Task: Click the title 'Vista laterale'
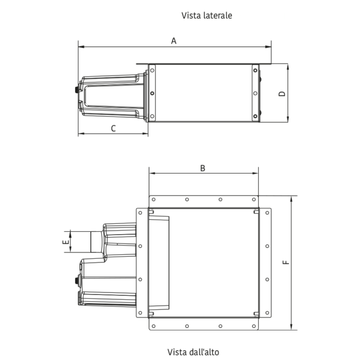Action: tap(206, 15)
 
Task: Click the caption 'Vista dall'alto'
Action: tap(193, 352)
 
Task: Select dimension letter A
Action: tap(174, 41)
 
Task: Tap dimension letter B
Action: tap(202, 168)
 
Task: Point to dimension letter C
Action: tap(113, 128)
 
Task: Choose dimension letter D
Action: tap(282, 94)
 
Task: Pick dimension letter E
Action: tap(66, 242)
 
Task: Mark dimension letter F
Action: tap(285, 262)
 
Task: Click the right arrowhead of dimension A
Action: tap(268, 47)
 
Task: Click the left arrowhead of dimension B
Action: tap(152, 173)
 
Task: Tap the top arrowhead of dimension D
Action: tap(288, 67)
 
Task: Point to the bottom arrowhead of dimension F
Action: tap(291, 327)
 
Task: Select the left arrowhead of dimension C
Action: tap(82, 133)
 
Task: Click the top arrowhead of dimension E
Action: tap(70, 234)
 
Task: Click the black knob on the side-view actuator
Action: tap(77, 90)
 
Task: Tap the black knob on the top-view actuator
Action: tap(77, 281)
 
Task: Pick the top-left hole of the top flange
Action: tap(154, 200)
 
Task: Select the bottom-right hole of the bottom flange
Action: tap(254, 326)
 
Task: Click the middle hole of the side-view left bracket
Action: tap(152, 94)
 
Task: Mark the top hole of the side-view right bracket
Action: tap(255, 70)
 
